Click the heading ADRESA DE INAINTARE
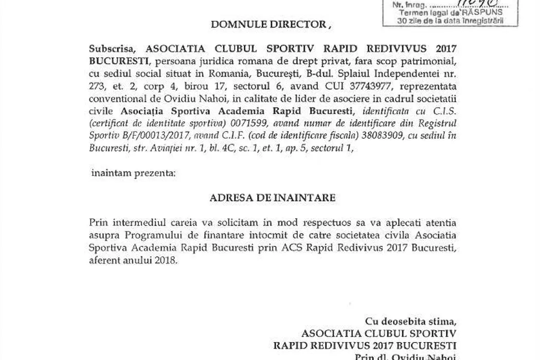[273, 197]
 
